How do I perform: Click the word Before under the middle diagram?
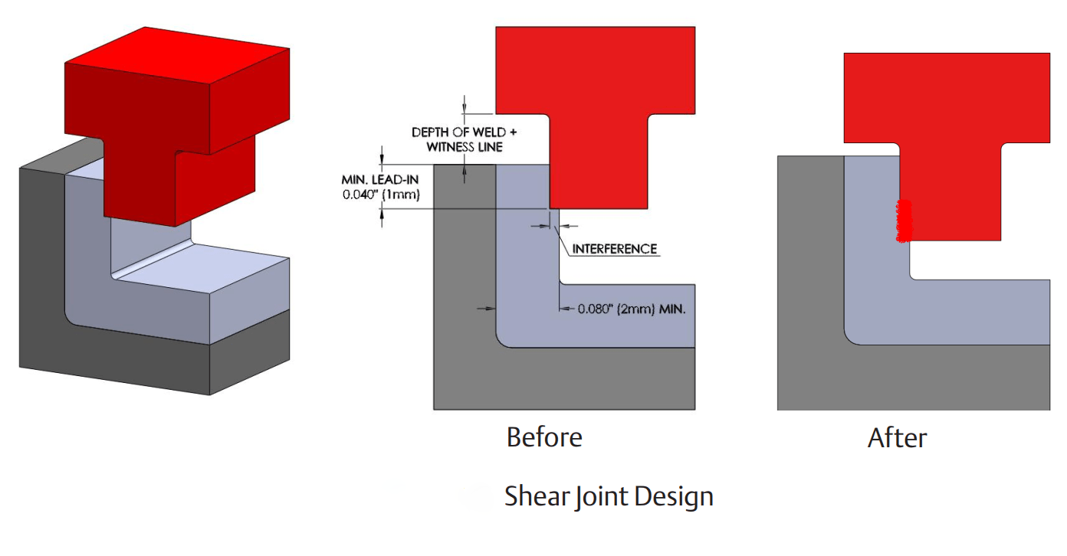pos(544,437)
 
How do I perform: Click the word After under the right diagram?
pos(897,438)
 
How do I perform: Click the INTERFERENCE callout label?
pos(615,249)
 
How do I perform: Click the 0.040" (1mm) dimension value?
pos(381,195)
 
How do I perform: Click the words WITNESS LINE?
pos(465,146)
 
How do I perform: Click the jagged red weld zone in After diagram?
pos(904,221)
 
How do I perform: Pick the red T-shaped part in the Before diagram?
pos(595,77)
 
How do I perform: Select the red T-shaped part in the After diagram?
pos(947,100)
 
